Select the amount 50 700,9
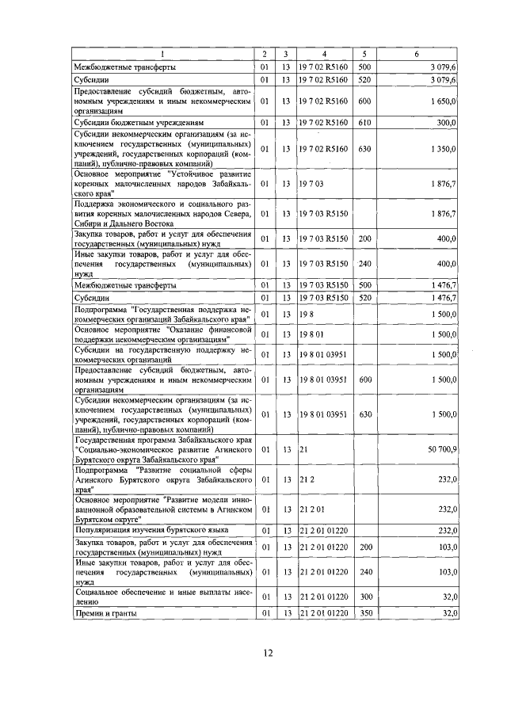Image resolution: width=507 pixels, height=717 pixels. (442, 448)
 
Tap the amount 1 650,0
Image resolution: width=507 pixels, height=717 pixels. (444, 101)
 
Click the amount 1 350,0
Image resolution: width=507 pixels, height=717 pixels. (444, 148)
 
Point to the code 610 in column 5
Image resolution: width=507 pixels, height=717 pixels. (364, 124)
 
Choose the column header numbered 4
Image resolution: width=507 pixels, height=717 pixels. (324, 55)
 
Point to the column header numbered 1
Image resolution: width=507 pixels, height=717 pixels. (162, 55)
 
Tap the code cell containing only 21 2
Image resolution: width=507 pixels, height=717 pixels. (306, 479)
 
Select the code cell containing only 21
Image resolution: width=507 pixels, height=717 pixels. (303, 448)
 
